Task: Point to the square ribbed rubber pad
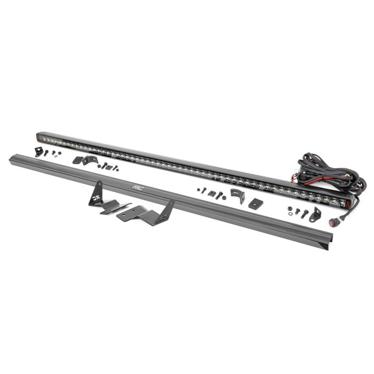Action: point(256,203)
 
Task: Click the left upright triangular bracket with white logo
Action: point(96,193)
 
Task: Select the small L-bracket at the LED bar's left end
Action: point(38,152)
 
